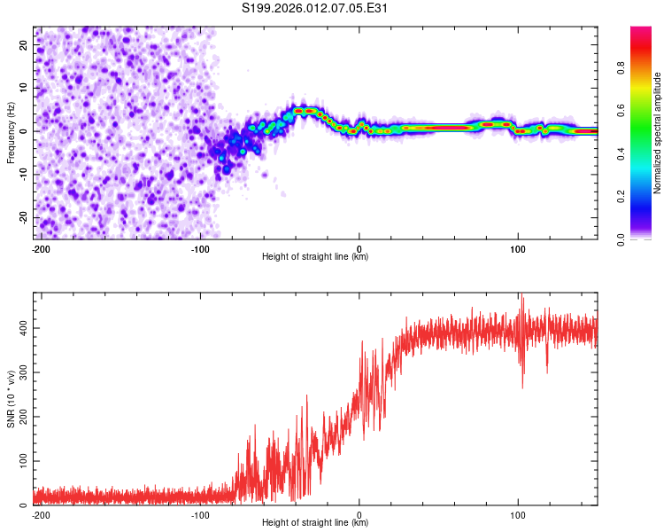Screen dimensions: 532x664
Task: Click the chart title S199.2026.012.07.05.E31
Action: (316, 8)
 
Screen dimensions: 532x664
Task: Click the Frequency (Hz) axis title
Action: (11, 132)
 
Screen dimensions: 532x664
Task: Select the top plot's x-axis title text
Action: (315, 257)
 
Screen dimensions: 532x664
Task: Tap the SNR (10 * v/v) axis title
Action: (11, 398)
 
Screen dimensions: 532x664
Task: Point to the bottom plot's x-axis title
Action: (315, 523)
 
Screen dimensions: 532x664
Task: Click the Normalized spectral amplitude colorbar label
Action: (658, 133)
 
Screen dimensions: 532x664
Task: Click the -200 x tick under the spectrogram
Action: (40, 247)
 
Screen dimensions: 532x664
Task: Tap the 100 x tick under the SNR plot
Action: (518, 513)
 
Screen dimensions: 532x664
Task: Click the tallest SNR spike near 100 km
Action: (521, 296)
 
